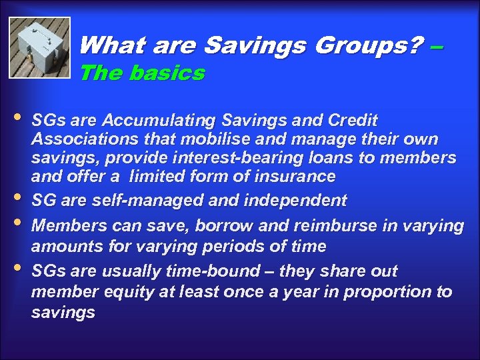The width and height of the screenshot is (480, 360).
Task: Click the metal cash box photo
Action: (x=39, y=47)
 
